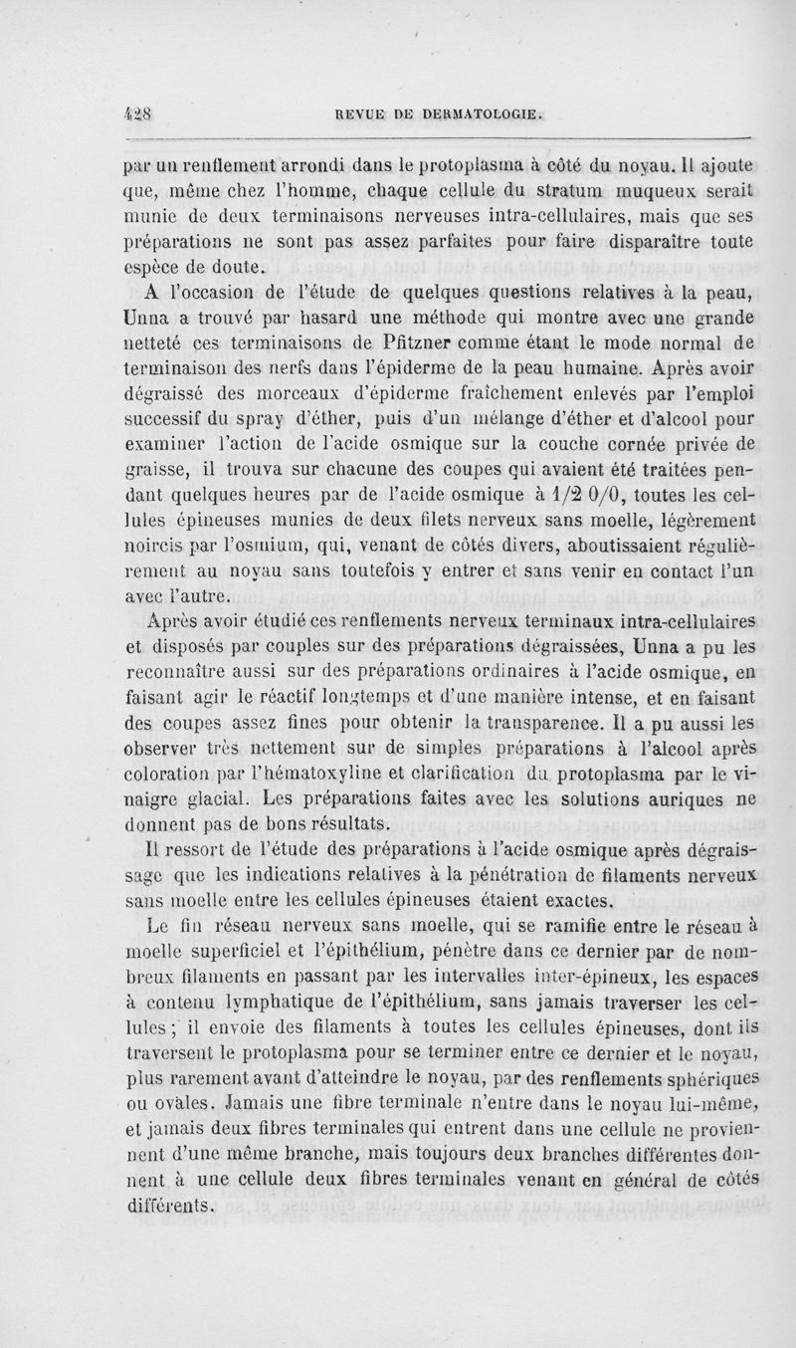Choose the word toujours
pyautogui.click(x=432, y=1161)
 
